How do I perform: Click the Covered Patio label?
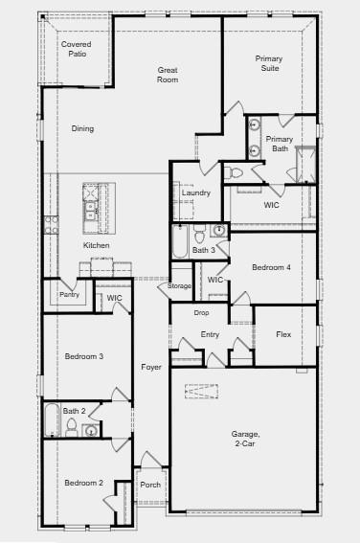(x=77, y=49)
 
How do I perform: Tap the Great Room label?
(x=168, y=75)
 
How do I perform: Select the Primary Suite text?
(x=269, y=63)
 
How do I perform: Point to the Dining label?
(x=82, y=128)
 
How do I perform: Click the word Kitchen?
(x=97, y=245)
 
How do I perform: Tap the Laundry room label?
(x=196, y=192)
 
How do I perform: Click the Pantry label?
(x=69, y=294)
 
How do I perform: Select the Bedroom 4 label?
(x=271, y=267)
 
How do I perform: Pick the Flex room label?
(x=283, y=334)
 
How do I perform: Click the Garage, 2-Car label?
(x=245, y=439)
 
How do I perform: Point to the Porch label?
(x=150, y=485)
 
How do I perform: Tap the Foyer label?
(x=151, y=367)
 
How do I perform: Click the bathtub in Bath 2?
(x=52, y=419)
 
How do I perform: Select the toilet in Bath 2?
(x=71, y=427)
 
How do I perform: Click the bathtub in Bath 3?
(x=180, y=241)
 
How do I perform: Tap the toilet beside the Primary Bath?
(x=233, y=172)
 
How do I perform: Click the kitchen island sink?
(x=91, y=211)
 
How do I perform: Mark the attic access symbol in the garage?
(x=201, y=392)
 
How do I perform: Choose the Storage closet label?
(x=179, y=286)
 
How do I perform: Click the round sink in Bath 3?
(x=219, y=230)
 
